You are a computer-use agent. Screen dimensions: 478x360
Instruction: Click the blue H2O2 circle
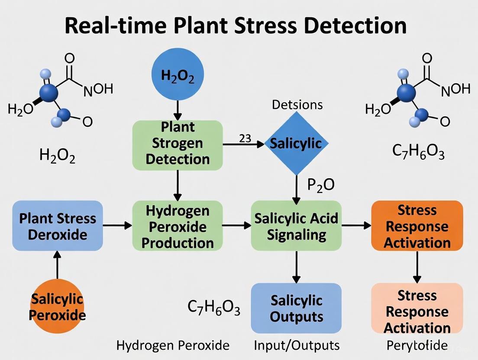pos(178,75)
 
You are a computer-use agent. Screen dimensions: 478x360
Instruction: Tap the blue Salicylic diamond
pos(296,144)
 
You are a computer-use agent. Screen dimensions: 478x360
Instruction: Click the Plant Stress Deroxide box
pos(58,226)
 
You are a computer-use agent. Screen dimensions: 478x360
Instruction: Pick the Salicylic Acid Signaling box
pos(296,226)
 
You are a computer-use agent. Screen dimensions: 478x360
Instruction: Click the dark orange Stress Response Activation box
pos(417,226)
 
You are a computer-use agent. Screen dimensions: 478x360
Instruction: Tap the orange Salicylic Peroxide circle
pos(58,306)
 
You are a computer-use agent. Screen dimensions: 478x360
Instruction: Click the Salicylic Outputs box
pos(296,308)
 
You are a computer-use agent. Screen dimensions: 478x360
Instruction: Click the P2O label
pos(321,185)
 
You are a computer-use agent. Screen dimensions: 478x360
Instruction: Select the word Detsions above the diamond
pos(297,104)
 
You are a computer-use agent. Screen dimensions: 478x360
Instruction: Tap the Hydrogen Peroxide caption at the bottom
pos(173,345)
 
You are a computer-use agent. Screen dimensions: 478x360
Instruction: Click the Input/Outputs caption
pos(296,345)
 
